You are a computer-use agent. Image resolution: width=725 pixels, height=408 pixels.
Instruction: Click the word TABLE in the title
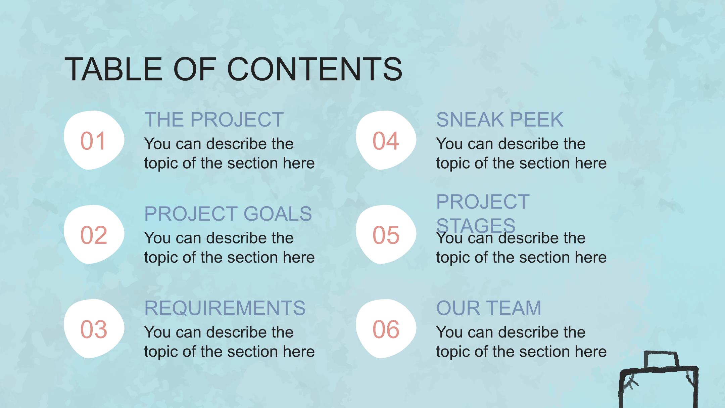113,69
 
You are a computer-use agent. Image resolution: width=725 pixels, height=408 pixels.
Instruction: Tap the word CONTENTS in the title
315,69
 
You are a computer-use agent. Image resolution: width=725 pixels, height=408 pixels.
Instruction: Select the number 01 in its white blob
93,141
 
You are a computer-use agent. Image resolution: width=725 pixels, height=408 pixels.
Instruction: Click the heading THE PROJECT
214,120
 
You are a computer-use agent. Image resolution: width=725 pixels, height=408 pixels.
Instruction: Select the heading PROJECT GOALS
228,214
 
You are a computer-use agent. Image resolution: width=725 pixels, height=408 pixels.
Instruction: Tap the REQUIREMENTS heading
225,308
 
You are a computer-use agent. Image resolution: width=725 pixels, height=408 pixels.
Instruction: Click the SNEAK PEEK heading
499,120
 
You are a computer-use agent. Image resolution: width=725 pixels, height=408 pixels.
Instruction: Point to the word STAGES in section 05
476,225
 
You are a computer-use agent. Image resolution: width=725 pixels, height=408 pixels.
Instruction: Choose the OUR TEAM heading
489,308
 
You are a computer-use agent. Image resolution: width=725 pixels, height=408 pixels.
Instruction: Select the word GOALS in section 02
278,214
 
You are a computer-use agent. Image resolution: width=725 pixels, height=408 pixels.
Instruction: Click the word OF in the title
195,69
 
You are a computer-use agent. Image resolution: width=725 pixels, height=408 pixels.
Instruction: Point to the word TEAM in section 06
514,308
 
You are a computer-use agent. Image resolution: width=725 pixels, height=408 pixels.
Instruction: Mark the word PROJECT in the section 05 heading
483,202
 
